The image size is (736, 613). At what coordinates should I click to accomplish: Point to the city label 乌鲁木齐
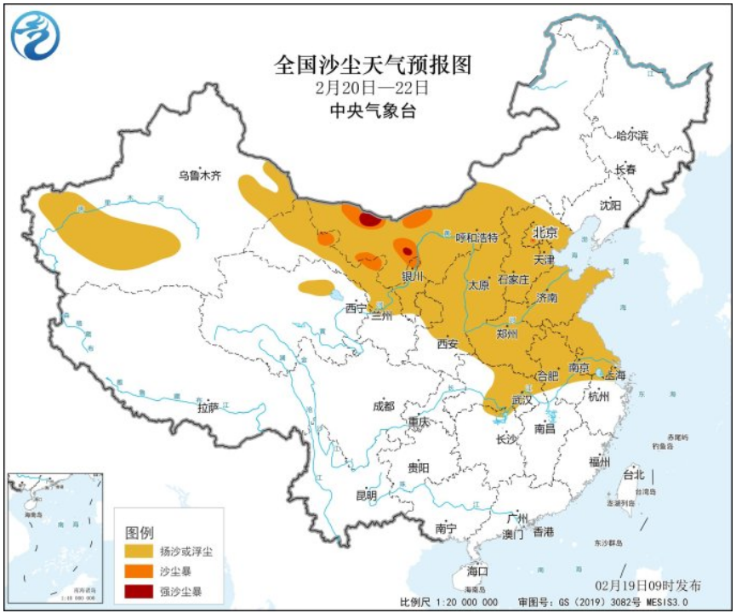click(x=199, y=176)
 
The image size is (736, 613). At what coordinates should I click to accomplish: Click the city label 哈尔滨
click(x=631, y=135)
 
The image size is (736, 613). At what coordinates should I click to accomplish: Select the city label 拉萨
click(x=208, y=408)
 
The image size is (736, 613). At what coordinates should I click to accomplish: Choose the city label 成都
click(x=383, y=406)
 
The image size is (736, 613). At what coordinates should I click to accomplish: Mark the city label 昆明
click(x=366, y=496)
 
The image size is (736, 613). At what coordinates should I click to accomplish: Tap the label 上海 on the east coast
click(x=614, y=375)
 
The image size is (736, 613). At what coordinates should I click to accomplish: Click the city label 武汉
click(x=522, y=399)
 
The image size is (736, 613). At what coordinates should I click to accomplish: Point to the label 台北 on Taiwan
click(x=634, y=474)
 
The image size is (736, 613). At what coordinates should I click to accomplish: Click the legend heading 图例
click(x=140, y=532)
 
